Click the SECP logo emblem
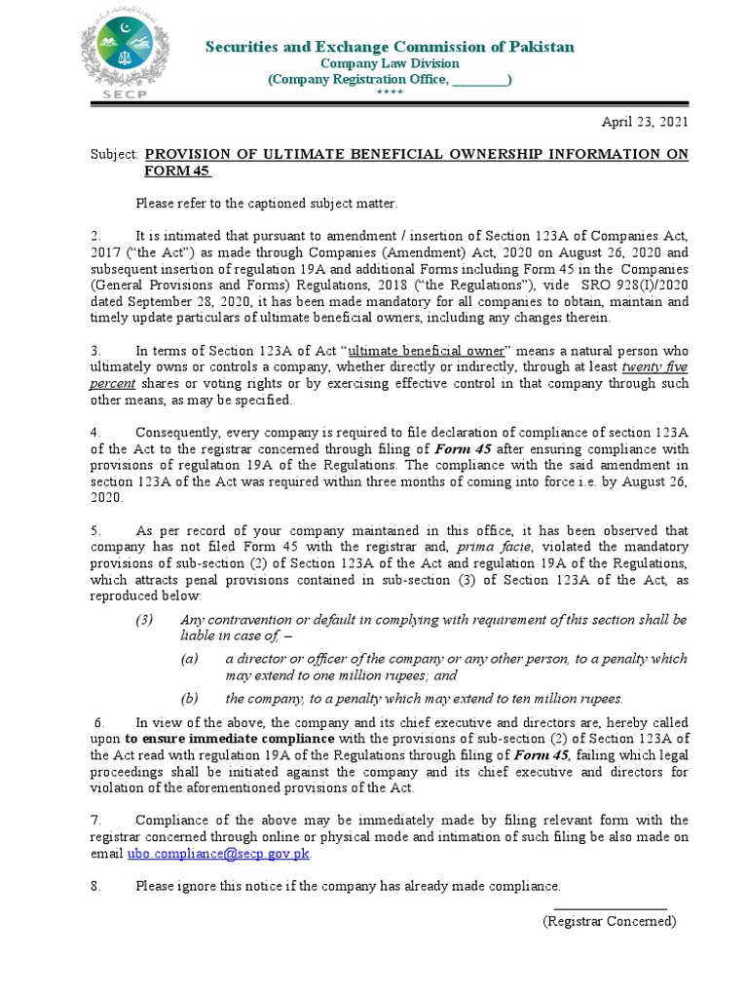click(x=126, y=55)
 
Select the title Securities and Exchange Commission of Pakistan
click(x=389, y=47)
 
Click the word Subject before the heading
click(x=114, y=155)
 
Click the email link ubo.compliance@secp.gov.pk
click(x=219, y=854)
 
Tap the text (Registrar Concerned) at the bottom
click(x=609, y=921)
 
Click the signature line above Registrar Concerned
click(x=610, y=908)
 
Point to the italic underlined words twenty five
click(x=654, y=367)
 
